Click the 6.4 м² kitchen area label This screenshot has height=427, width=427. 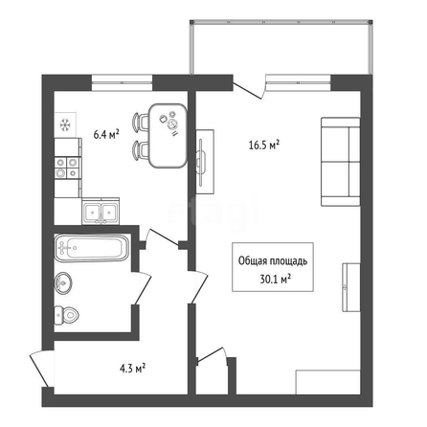[x=106, y=134]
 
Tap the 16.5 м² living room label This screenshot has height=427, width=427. [x=264, y=146]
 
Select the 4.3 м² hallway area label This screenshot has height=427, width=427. [x=133, y=369]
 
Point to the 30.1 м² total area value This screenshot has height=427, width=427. [x=275, y=280]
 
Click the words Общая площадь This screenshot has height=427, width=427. [x=273, y=261]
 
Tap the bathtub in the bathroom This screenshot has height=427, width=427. [x=92, y=248]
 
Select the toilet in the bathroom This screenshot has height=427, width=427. [x=66, y=315]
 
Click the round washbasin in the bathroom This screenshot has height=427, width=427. [x=63, y=282]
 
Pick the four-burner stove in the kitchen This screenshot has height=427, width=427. [x=67, y=168]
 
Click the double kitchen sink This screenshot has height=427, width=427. [x=101, y=211]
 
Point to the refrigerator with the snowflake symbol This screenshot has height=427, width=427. [x=65, y=124]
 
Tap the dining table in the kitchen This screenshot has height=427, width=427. [x=168, y=136]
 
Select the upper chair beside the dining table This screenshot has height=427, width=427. [x=141, y=122]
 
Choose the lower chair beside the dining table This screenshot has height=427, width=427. [x=141, y=149]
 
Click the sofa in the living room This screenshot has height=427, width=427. [x=341, y=162]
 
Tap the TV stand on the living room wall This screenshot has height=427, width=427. [x=205, y=161]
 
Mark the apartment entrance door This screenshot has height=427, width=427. [x=41, y=369]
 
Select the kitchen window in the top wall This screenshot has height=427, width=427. [x=122, y=82]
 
